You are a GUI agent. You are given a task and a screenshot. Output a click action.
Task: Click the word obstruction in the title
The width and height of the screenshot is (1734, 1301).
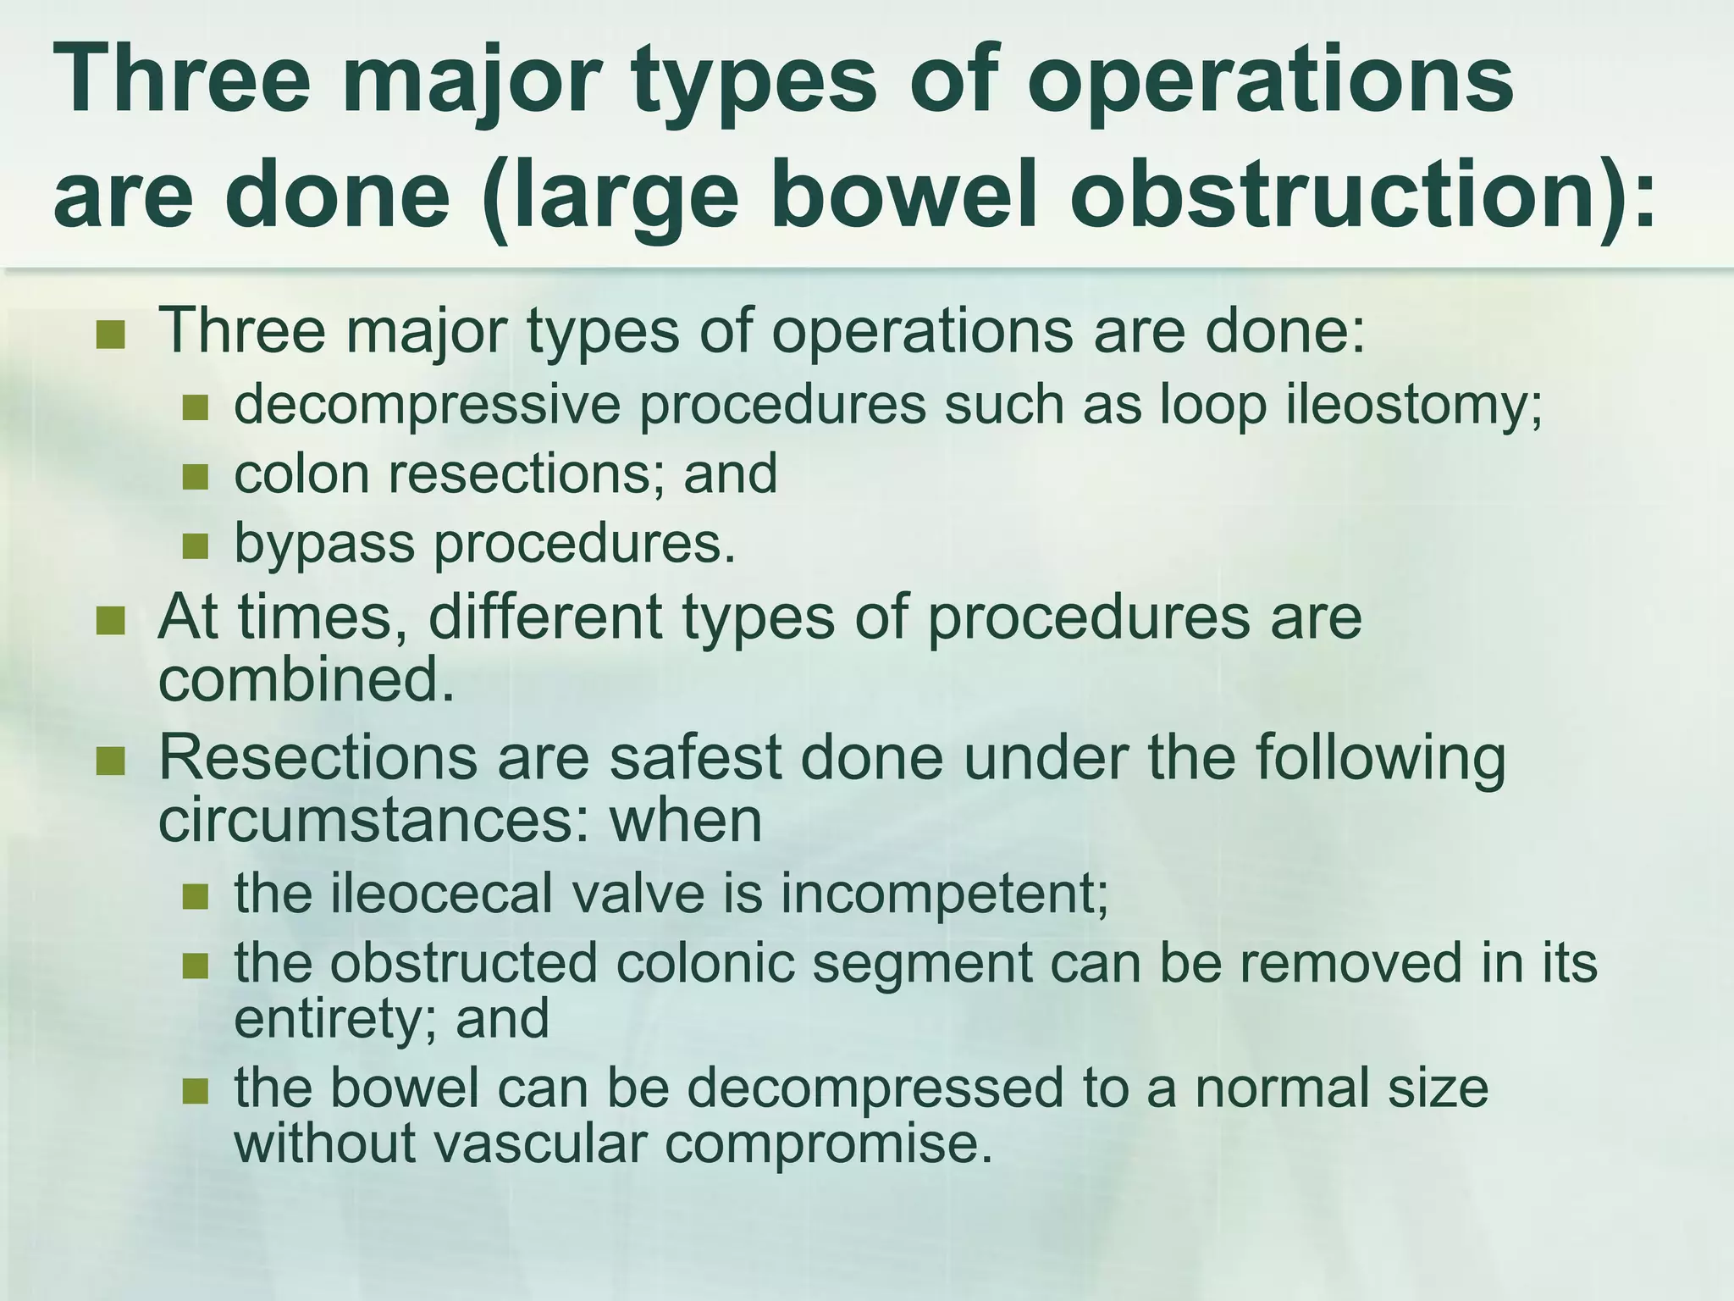coord(1346,193)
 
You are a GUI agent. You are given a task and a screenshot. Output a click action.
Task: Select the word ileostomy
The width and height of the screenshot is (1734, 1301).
coord(1413,405)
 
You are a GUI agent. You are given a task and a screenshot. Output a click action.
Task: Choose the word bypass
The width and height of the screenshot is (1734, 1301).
coord(324,545)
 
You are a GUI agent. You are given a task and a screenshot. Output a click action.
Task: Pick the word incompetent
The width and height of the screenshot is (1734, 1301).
coord(944,893)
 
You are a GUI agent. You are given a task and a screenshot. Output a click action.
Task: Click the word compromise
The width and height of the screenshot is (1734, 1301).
coord(827,1144)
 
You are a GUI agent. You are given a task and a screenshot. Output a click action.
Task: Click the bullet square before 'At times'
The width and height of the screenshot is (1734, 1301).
coord(110,622)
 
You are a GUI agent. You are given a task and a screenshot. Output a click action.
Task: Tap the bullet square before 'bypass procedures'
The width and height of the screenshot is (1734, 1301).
coord(195,546)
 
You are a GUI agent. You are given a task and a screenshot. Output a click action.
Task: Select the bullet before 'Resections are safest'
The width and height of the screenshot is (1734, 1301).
coord(110,761)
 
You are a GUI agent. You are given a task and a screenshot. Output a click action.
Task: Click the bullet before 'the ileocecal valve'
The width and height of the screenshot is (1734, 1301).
coord(195,896)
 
